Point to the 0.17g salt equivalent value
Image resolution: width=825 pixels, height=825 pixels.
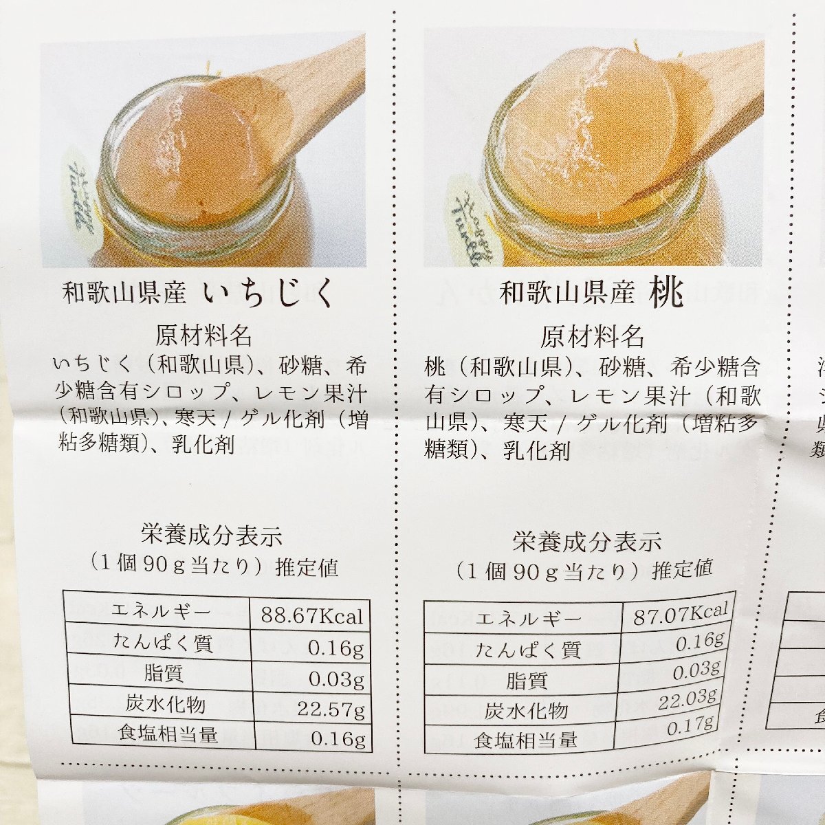point(690,726)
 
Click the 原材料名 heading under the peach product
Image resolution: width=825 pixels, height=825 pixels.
point(592,337)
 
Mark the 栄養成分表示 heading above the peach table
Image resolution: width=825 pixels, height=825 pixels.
point(586,541)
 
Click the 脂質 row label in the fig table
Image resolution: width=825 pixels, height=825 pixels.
point(164,673)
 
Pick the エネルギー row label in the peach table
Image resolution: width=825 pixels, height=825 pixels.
point(528,619)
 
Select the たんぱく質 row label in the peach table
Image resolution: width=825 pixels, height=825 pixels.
point(528,650)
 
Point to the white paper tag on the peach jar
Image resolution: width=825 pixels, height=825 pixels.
point(470,206)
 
